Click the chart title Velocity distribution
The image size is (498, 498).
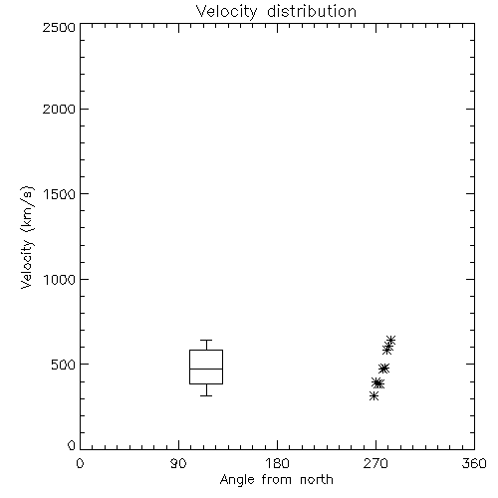click(276, 11)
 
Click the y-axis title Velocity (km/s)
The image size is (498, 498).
click(27, 237)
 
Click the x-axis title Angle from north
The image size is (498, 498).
click(276, 480)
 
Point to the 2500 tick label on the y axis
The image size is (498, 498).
click(59, 27)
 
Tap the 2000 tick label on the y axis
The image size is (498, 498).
click(59, 109)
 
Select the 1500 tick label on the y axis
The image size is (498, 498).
click(60, 194)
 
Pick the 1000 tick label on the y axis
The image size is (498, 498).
click(60, 279)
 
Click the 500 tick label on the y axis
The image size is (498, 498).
click(64, 365)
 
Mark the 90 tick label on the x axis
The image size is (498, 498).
click(178, 463)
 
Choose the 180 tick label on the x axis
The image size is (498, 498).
click(277, 463)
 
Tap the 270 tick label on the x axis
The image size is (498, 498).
click(375, 463)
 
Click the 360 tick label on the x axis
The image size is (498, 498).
click(474, 463)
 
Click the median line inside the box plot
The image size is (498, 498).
click(206, 369)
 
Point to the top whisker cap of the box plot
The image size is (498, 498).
click(206, 340)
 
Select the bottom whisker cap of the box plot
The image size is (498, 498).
click(206, 395)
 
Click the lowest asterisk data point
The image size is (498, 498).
click(374, 395)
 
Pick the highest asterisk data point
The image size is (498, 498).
click(390, 340)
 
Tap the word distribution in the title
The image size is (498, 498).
click(312, 11)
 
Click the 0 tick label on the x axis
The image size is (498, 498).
click(80, 463)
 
